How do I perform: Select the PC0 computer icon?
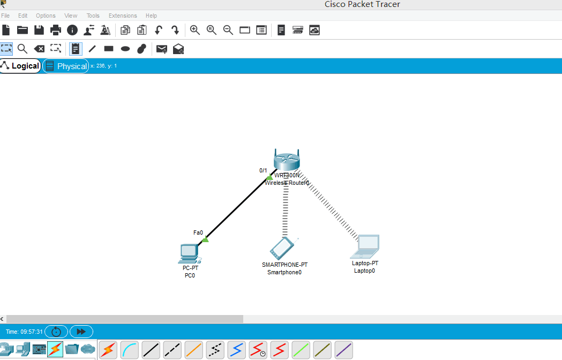point(189,253)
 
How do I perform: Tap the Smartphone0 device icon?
point(282,248)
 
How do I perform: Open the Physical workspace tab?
point(66,66)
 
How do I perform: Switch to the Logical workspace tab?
point(20,66)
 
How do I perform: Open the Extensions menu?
point(122,16)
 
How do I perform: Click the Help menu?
point(151,16)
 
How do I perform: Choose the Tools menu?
point(93,16)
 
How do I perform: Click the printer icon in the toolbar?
point(56,30)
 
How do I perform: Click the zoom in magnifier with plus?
point(195,30)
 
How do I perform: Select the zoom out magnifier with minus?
point(228,30)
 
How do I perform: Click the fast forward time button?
point(81,332)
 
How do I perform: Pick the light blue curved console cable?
point(130,350)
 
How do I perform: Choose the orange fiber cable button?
point(194,350)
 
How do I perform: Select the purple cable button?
point(344,350)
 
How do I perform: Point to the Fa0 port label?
point(198,232)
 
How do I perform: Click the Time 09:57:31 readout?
point(24,332)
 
